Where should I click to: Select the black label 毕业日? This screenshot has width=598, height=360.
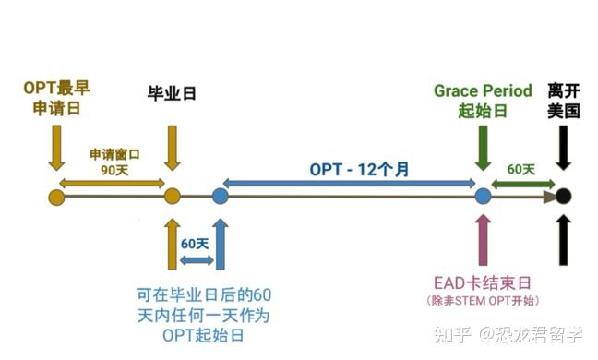[172, 93]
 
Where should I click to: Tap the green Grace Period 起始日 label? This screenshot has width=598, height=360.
[483, 101]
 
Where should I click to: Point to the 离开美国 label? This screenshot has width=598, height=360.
[563, 101]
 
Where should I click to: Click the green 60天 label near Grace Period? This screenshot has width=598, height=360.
[521, 169]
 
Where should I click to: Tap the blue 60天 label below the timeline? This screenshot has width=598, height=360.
[195, 244]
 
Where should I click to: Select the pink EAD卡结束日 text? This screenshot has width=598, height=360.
[484, 282]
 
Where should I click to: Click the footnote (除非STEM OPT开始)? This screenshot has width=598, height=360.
[484, 302]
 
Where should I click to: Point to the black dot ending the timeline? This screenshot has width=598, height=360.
[563, 196]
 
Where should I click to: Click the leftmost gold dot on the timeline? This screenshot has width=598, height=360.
[56, 196]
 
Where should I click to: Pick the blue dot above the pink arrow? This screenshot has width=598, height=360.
[483, 196]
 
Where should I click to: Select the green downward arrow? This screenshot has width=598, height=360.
[483, 148]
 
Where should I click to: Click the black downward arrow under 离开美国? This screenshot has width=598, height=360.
[563, 148]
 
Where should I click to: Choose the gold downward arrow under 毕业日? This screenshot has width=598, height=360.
[172, 148]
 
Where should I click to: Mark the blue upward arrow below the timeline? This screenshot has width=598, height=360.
[220, 243]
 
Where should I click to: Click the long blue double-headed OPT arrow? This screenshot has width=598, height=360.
[352, 185]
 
